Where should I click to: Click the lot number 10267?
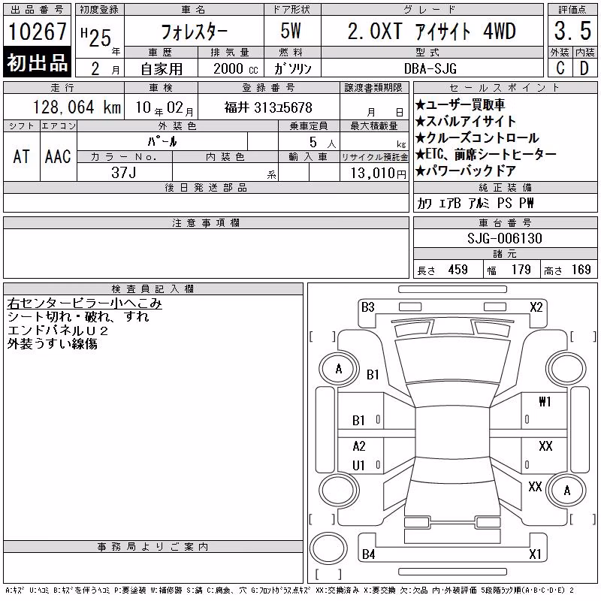37,31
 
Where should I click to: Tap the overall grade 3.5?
572,31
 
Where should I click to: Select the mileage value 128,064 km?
77,107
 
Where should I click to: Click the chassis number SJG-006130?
504,238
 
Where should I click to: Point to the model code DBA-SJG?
430,68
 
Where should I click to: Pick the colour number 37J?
124,173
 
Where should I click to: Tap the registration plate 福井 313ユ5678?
268,107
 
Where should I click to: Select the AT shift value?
22,157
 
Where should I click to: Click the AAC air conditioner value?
58,157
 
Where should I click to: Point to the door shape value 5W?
291,31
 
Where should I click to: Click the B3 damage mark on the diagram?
367,307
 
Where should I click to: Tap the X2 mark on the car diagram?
536,307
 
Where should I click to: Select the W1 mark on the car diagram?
545,401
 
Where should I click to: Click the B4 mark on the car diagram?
368,554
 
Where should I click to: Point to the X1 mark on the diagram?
535,554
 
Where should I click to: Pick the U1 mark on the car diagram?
359,465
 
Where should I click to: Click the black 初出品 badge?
37,62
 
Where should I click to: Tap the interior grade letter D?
584,68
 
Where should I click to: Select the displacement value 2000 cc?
236,68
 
